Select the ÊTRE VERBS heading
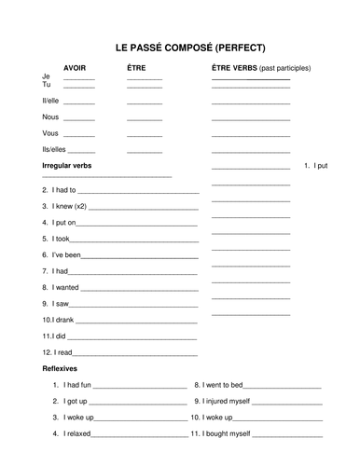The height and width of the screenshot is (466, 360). click(x=233, y=68)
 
